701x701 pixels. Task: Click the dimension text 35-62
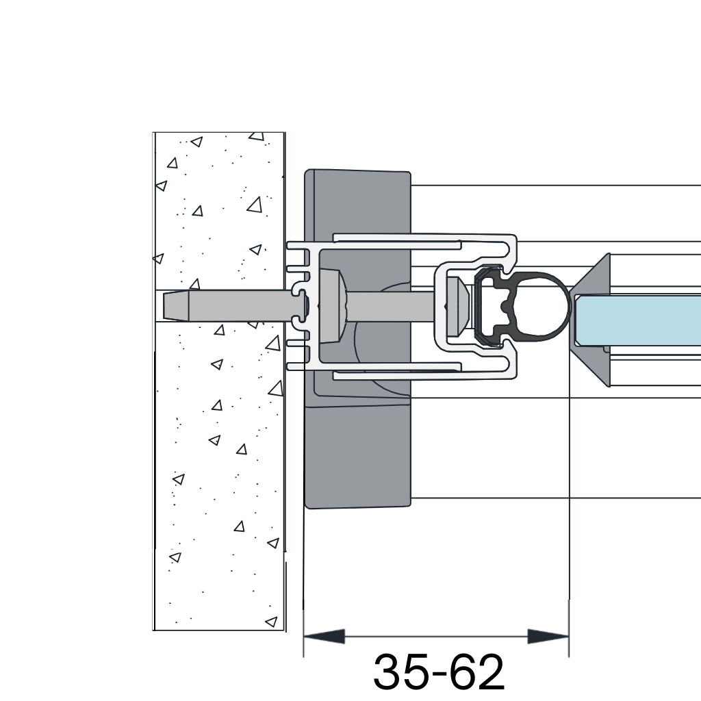point(439,672)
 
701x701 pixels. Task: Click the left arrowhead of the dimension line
point(324,636)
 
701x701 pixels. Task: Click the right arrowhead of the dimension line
point(548,636)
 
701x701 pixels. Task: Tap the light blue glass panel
point(638,320)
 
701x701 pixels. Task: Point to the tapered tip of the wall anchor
point(176,306)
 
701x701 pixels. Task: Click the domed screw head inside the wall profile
point(334,306)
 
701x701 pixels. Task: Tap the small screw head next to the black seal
point(457,306)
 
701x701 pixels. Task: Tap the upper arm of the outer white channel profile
point(424,238)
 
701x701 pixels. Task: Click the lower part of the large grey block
point(357,456)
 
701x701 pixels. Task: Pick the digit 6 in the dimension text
point(463,672)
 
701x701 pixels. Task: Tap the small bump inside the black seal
point(506,307)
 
